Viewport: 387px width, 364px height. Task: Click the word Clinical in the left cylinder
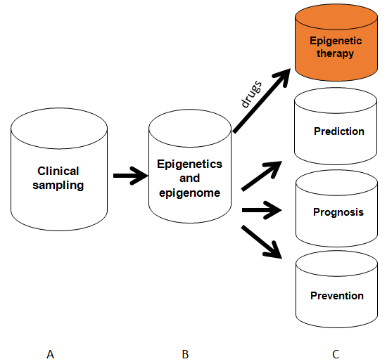(x=58, y=171)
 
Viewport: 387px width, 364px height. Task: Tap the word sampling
(x=58, y=186)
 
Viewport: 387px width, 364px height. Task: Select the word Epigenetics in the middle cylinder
(x=189, y=164)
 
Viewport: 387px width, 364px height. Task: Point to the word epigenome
(x=189, y=193)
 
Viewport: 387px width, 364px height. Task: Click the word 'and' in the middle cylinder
(x=189, y=178)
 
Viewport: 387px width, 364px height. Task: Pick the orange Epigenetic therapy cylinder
(x=336, y=42)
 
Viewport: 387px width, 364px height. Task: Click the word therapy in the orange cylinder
(x=335, y=53)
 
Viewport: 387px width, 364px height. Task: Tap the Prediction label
(x=339, y=131)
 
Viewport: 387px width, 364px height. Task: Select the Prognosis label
(x=338, y=212)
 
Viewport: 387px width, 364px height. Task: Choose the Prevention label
(x=337, y=296)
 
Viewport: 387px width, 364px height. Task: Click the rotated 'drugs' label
(x=251, y=94)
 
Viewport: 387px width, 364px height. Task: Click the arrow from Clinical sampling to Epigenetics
(x=131, y=176)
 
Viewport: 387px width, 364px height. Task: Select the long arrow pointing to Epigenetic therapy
(x=262, y=101)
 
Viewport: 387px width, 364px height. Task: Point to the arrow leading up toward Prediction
(x=262, y=176)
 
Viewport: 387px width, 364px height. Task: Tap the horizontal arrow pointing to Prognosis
(x=262, y=210)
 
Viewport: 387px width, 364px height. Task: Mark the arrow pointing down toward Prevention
(x=262, y=242)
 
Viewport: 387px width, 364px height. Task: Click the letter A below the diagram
(x=51, y=355)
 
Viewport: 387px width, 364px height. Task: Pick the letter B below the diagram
(x=185, y=355)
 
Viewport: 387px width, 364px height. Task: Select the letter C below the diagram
(x=336, y=355)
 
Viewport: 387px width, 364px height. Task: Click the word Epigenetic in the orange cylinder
(x=336, y=41)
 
